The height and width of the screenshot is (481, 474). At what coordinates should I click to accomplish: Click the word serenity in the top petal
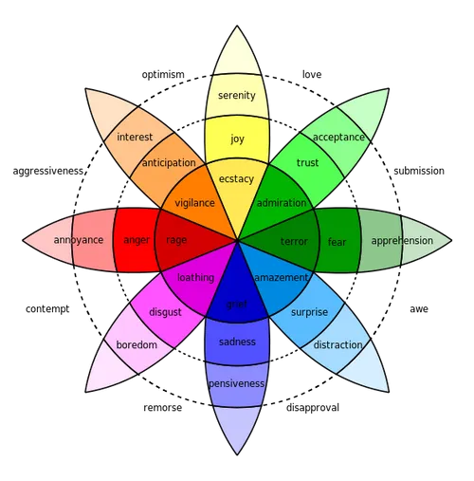coord(236,96)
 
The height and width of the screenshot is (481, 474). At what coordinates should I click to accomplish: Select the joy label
coord(237,139)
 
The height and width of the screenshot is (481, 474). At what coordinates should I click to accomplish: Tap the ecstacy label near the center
coord(236,178)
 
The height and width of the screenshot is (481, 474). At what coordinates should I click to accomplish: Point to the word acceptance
coord(338,137)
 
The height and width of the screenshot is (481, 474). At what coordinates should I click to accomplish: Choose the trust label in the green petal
coord(307,163)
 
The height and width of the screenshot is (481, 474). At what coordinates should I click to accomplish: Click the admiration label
coord(282,203)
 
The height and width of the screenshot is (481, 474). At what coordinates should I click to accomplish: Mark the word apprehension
coord(401,241)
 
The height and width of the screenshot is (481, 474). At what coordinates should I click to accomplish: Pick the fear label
coord(337,242)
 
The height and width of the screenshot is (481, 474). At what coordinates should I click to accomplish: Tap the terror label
coord(294,242)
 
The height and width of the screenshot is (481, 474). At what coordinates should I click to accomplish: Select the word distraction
coord(337,345)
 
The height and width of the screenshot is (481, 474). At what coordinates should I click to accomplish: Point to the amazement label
coord(282,278)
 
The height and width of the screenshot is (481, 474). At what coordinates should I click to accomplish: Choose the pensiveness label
coord(237,383)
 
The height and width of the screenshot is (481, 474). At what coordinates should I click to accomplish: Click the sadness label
coord(237,342)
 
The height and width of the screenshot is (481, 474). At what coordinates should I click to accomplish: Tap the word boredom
coord(137,344)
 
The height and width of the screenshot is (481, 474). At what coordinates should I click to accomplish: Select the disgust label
coord(165,312)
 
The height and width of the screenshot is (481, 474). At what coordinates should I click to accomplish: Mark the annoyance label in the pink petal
coord(79,240)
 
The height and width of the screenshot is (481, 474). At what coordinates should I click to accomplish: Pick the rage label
coord(176,240)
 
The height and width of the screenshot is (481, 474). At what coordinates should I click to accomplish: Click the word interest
coord(135,138)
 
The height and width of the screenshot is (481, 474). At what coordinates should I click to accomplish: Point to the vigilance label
coord(194,203)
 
